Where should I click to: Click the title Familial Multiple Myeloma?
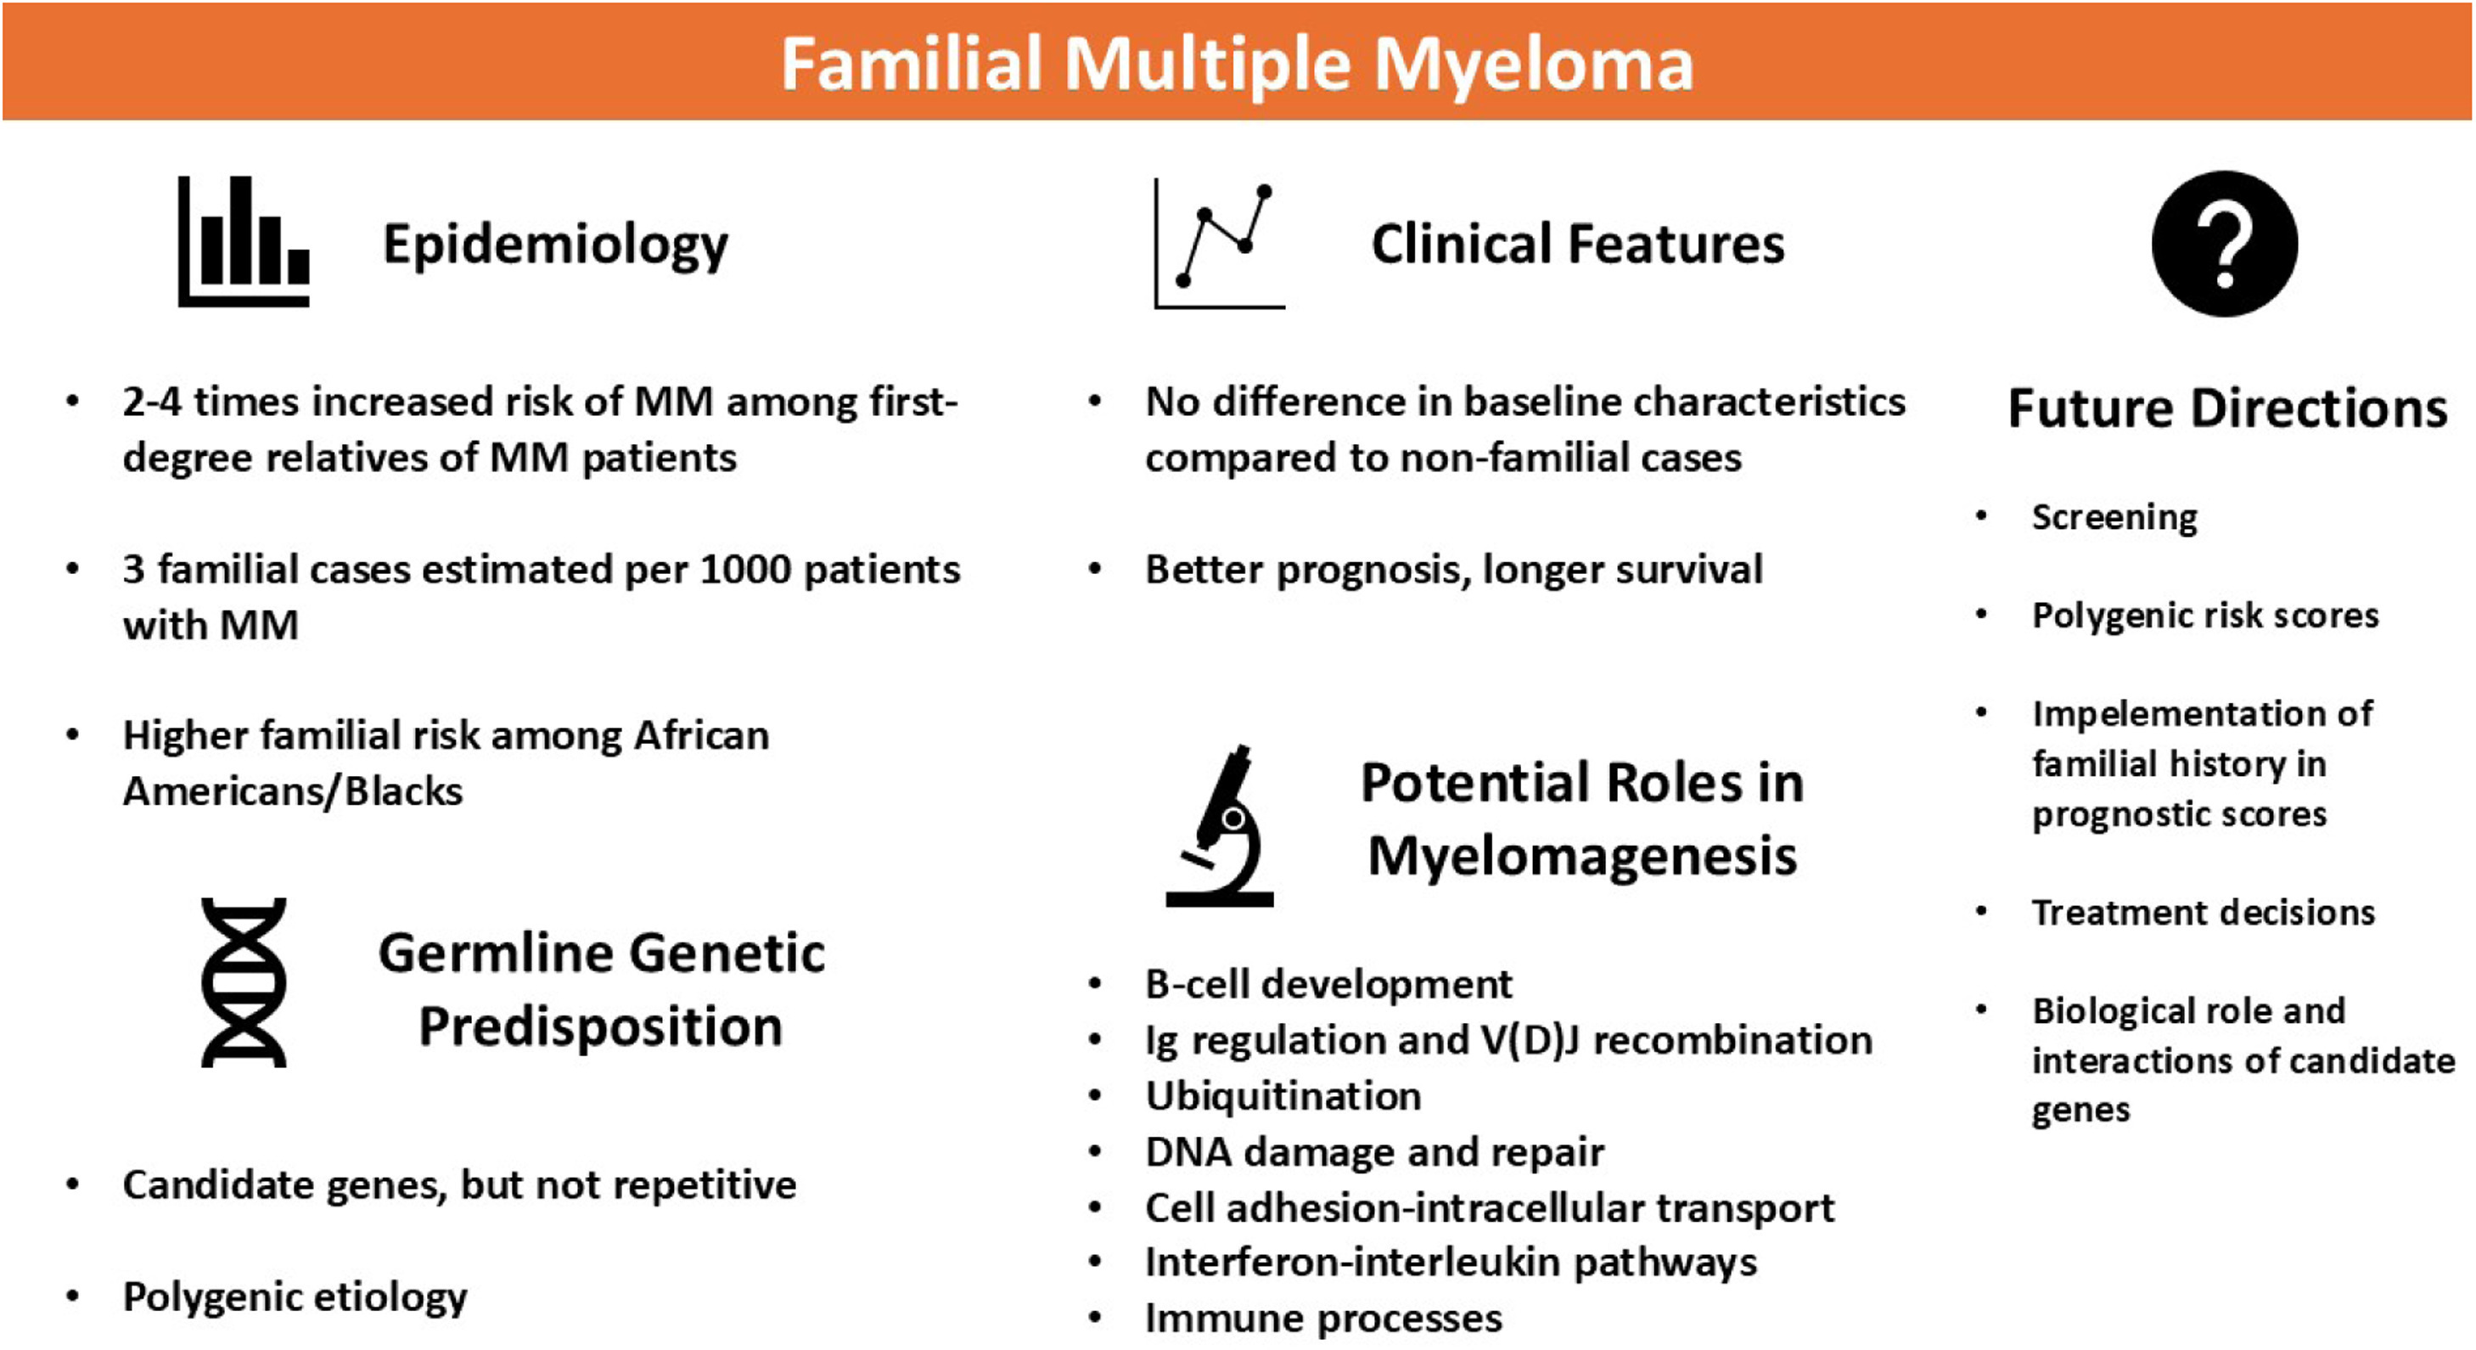(x=1237, y=65)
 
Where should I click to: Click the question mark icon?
(x=2225, y=244)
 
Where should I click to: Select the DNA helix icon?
(x=243, y=982)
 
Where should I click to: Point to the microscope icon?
(x=1220, y=825)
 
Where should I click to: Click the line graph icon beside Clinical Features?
(x=1220, y=245)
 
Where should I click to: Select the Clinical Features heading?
(x=1578, y=244)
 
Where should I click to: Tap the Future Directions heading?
(x=2228, y=408)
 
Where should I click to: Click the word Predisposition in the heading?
(x=601, y=1027)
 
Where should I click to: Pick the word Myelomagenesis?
(x=1582, y=857)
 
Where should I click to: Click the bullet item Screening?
(x=2114, y=518)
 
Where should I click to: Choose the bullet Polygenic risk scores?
(x=2205, y=616)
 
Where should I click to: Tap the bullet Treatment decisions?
(x=2203, y=912)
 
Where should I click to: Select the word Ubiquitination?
(x=1283, y=1096)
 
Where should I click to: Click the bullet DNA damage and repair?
(x=1374, y=1152)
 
